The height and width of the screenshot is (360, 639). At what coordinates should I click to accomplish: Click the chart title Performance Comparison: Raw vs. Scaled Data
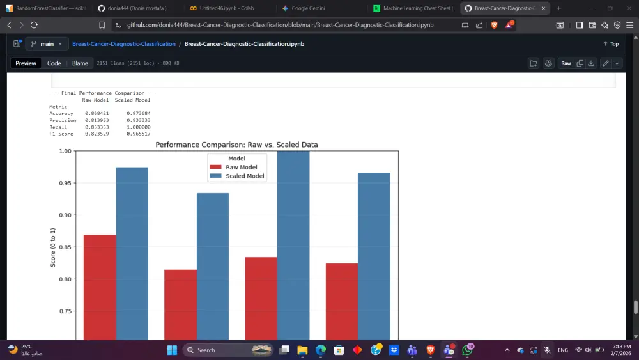pos(236,145)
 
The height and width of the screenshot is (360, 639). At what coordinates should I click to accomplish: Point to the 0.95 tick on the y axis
pos(65,183)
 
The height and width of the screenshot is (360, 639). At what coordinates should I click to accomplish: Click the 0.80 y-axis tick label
pos(65,279)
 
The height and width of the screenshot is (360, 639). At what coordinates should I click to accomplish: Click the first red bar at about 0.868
pos(100,288)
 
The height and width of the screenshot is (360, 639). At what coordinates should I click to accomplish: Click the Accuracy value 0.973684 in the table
pos(138,113)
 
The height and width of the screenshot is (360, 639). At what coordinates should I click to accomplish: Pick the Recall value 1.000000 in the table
pos(138,127)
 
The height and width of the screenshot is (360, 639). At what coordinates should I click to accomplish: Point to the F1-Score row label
pos(62,134)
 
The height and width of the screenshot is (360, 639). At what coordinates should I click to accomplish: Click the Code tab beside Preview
pos(54,63)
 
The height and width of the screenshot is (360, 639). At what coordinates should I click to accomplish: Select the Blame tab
pos(80,63)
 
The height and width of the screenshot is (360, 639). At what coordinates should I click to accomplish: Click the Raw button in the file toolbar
pos(566,63)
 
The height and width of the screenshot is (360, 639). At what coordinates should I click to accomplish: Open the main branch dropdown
pos(47,44)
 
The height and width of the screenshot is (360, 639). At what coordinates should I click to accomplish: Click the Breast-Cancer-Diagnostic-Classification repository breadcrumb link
pos(123,44)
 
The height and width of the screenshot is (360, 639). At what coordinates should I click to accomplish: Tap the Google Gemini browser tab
pos(309,8)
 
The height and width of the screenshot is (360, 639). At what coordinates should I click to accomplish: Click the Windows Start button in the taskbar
pos(172,350)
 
